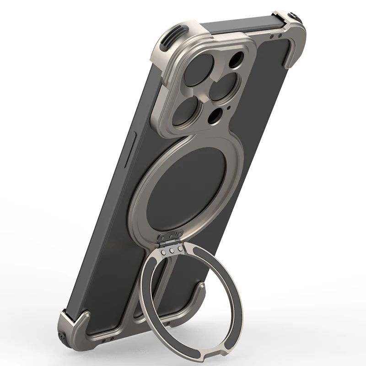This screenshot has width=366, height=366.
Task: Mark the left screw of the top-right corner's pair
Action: point(273,36)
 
